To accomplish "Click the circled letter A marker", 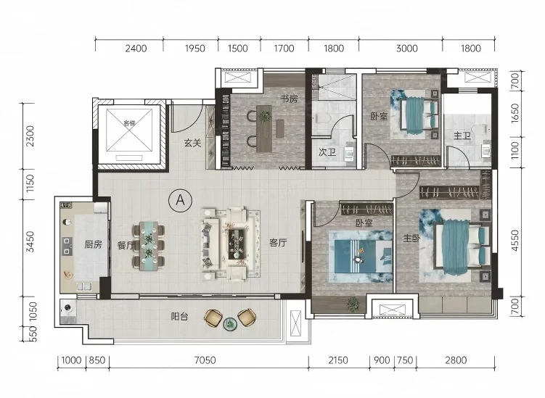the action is pyautogui.click(x=181, y=200).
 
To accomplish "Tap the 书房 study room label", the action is pyautogui.click(x=289, y=99).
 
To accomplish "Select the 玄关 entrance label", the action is pyautogui.click(x=192, y=143).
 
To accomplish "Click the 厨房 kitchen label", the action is pyautogui.click(x=93, y=244).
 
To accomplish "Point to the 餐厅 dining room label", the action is pyautogui.click(x=126, y=245).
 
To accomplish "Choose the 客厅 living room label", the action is pyautogui.click(x=278, y=242).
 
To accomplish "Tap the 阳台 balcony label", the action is pyautogui.click(x=179, y=316).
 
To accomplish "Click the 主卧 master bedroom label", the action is pyautogui.click(x=411, y=239).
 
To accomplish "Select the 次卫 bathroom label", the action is pyautogui.click(x=327, y=152).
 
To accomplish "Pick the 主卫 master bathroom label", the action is pyautogui.click(x=462, y=136).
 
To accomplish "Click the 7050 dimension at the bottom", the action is pyautogui.click(x=205, y=360).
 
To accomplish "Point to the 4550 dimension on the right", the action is pyautogui.click(x=515, y=241).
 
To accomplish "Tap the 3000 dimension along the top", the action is pyautogui.click(x=406, y=49).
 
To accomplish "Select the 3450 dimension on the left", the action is pyautogui.click(x=30, y=241).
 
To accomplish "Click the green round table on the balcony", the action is pyautogui.click(x=230, y=324).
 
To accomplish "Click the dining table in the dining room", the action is pyautogui.click(x=149, y=246).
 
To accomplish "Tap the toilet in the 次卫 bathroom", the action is pyautogui.click(x=321, y=118).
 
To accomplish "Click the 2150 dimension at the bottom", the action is pyautogui.click(x=338, y=360).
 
